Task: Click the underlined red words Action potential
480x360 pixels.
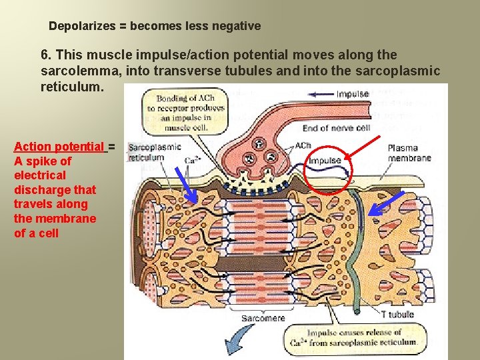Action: coord(59,147)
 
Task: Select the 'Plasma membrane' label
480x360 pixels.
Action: coord(409,153)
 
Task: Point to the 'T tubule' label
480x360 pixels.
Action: coord(397,314)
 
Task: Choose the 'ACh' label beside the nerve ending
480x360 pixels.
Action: coord(303,145)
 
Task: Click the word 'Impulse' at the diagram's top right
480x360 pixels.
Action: coord(353,94)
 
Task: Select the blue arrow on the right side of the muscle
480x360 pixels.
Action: coord(383,207)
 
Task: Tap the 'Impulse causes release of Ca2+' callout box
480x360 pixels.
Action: coord(362,337)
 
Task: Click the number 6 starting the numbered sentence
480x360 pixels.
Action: coord(44,55)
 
